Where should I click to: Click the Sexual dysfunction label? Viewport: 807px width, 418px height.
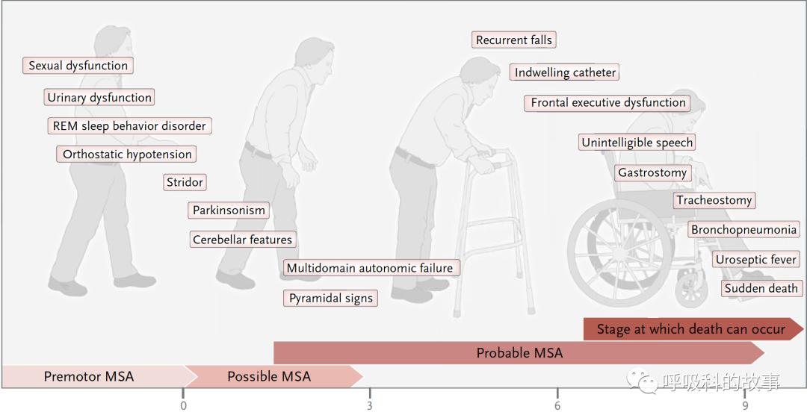tap(78, 66)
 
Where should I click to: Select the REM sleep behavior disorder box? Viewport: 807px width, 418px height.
tap(129, 126)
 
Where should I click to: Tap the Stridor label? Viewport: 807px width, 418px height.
tap(185, 182)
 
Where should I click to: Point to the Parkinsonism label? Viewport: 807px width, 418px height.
tap(229, 210)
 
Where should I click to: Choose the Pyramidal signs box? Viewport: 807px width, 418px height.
tap(330, 299)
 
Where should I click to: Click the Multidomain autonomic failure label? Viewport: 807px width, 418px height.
tap(370, 268)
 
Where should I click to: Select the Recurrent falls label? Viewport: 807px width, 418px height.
tap(513, 40)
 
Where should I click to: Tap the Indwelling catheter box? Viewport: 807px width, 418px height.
tap(565, 72)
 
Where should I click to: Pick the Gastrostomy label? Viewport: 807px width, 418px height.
tap(652, 172)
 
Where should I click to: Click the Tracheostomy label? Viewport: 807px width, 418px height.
tap(714, 200)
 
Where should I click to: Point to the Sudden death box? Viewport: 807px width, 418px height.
tap(761, 288)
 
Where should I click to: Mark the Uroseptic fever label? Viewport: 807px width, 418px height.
tap(756, 260)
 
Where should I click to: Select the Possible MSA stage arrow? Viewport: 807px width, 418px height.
tap(273, 376)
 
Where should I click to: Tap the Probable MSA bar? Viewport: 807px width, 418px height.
tap(519, 353)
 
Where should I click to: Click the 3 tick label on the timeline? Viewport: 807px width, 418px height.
tap(370, 406)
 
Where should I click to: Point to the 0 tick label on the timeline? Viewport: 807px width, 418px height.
tap(183, 406)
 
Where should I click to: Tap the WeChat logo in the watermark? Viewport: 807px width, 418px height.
tap(641, 381)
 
